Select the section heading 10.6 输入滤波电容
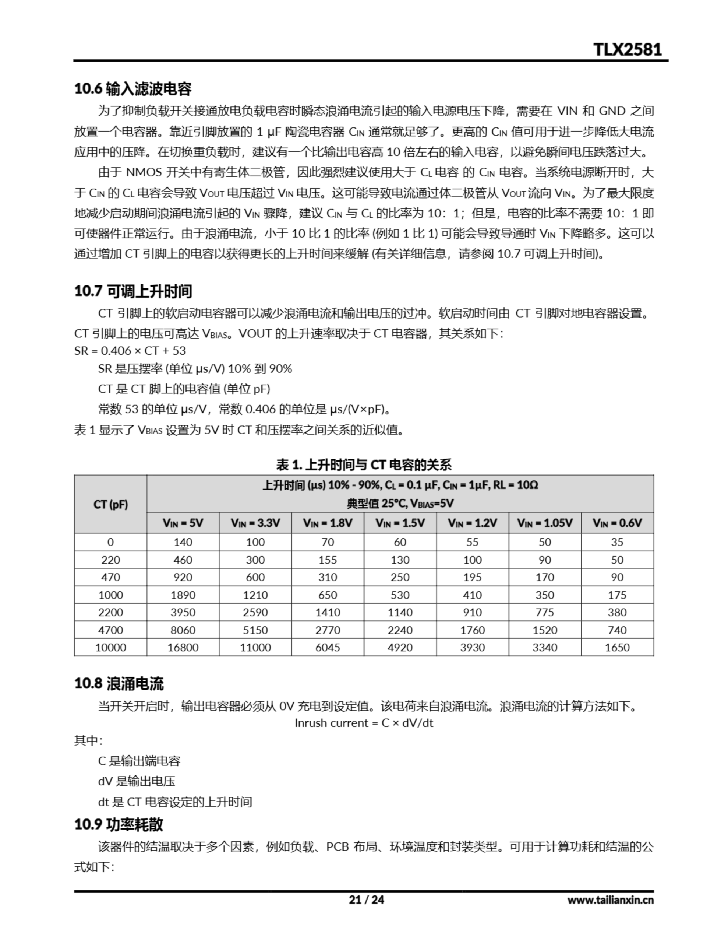[133, 89]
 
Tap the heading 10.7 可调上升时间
[133, 291]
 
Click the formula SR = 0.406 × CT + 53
[130, 351]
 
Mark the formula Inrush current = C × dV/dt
[364, 723]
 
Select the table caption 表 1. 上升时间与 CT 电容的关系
[364, 465]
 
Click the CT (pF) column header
[110, 504]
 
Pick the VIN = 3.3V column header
[255, 523]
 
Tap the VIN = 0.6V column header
[617, 523]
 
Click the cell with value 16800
[183, 647]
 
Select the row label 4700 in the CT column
[110, 630]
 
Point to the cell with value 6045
[328, 647]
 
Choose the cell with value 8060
[183, 630]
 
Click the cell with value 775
[545, 612]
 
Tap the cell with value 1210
[255, 595]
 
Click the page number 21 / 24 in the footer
[366, 900]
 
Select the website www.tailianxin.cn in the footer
[610, 900]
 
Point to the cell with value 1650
[617, 647]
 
